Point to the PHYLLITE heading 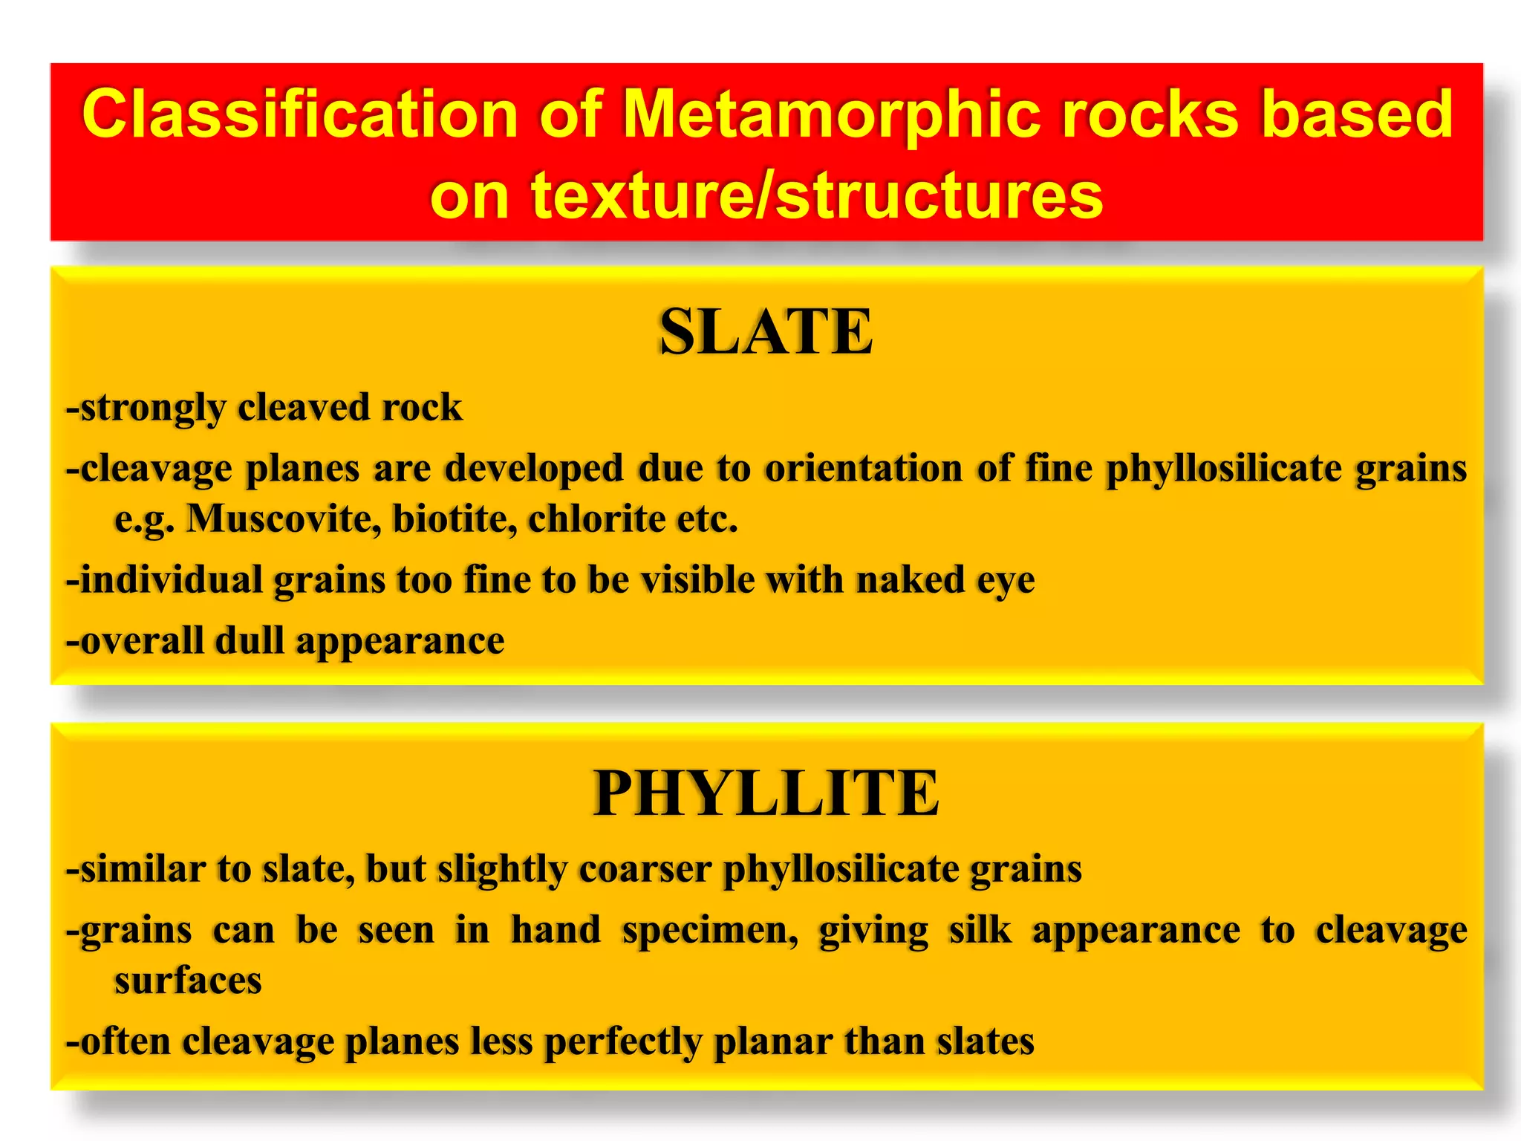pyautogui.click(x=766, y=793)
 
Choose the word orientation pyautogui.click(x=864, y=468)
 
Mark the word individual pyautogui.click(x=171, y=579)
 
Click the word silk pyautogui.click(x=980, y=930)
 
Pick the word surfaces pyautogui.click(x=188, y=981)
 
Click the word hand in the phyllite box pyautogui.click(x=556, y=930)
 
